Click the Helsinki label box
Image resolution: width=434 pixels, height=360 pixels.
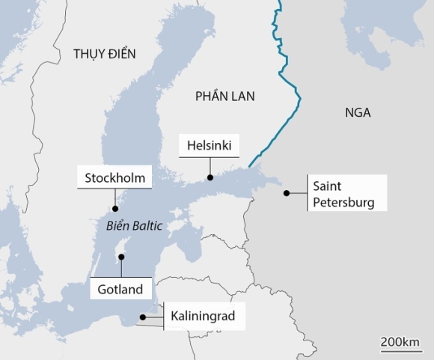(x=209, y=145)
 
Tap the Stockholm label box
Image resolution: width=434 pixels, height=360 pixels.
(x=114, y=178)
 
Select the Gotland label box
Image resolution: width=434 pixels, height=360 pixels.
(x=120, y=288)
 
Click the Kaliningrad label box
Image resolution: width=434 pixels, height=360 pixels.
(x=203, y=317)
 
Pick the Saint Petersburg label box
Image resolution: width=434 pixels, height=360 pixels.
(x=346, y=194)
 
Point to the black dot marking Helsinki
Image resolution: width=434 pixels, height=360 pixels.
(x=210, y=177)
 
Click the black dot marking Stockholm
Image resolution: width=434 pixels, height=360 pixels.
(x=114, y=210)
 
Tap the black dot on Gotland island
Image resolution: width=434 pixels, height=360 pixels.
(x=120, y=257)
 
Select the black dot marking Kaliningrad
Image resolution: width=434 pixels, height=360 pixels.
(x=143, y=317)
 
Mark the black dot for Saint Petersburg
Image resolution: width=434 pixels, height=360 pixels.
(x=286, y=193)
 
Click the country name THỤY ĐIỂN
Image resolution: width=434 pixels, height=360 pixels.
(x=105, y=54)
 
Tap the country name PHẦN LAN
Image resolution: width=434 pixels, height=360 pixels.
(x=224, y=96)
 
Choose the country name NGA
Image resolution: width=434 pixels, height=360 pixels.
(x=358, y=113)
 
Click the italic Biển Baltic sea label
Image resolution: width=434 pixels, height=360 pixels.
(x=129, y=225)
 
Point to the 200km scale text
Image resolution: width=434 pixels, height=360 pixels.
(x=400, y=342)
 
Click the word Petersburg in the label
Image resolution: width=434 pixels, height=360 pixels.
(x=343, y=202)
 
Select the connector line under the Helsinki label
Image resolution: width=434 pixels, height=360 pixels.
(x=210, y=166)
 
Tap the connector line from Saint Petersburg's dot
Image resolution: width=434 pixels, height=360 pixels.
(x=298, y=193)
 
